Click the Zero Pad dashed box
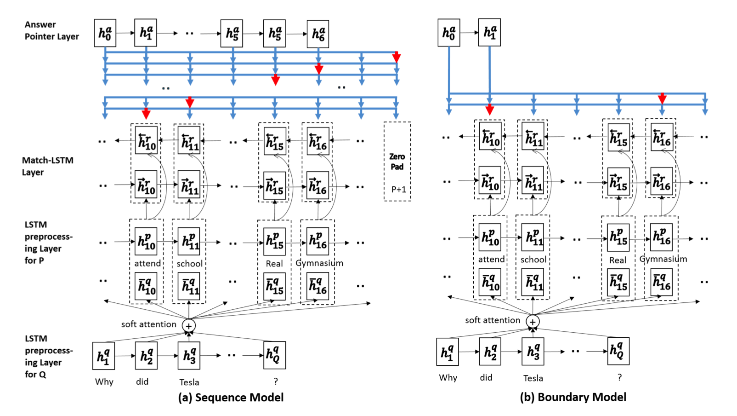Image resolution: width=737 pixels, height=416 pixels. (x=397, y=161)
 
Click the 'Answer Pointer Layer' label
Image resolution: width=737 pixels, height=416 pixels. (x=51, y=30)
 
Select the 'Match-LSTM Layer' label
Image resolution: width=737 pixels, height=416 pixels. (x=47, y=166)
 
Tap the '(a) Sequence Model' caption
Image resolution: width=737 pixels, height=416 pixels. (x=231, y=398)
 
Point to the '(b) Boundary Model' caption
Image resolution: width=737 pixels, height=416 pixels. (x=573, y=397)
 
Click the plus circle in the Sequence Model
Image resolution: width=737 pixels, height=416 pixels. (x=189, y=325)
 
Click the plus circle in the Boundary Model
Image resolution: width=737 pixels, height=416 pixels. (x=533, y=322)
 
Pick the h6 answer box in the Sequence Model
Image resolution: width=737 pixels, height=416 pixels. (x=318, y=34)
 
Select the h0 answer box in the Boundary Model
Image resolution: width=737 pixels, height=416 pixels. (x=449, y=33)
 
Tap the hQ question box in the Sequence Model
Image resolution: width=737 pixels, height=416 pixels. (x=275, y=355)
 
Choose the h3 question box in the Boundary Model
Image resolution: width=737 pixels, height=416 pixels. (x=533, y=352)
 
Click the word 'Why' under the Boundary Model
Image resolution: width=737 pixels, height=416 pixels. (x=448, y=378)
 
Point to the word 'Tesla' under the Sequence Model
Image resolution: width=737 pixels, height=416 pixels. (x=189, y=382)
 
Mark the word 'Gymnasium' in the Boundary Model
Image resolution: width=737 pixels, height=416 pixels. (x=663, y=259)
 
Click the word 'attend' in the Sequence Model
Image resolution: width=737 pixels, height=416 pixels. (x=147, y=263)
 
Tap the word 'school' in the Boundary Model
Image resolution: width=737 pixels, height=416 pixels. (x=533, y=260)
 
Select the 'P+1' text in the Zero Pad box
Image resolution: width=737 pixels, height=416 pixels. (x=398, y=189)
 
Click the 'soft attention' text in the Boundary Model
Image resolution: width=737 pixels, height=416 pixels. (x=493, y=320)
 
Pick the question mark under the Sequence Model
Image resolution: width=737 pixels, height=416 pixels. (x=276, y=381)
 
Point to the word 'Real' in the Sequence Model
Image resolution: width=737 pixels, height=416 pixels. (x=274, y=264)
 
